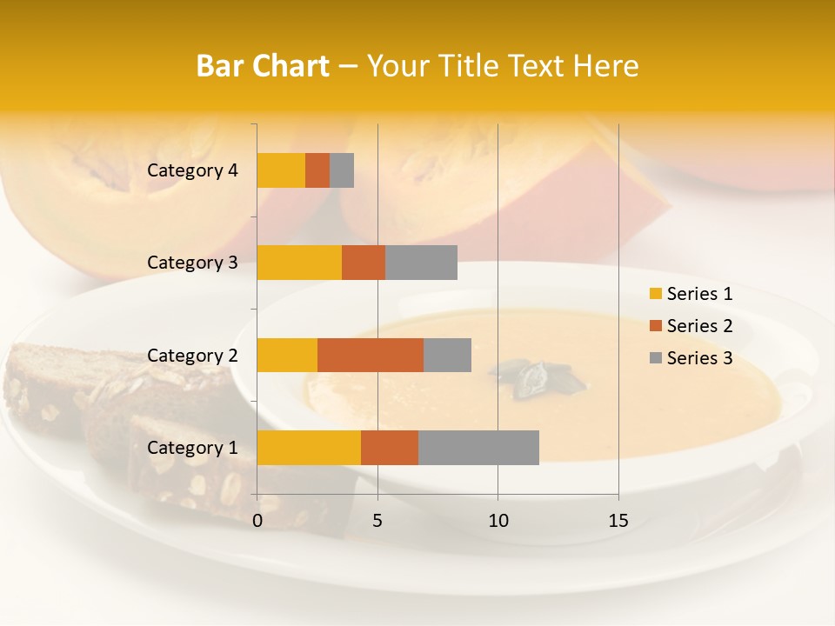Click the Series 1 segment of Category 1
point(309,448)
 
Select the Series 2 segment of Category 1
point(390,448)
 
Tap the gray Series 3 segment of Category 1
point(478,448)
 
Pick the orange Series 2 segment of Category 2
point(371,355)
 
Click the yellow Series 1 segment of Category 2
point(287,355)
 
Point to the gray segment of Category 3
point(421,263)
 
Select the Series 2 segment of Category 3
point(364,263)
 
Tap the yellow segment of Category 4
point(281,170)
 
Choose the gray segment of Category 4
point(342,170)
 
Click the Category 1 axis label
point(192,448)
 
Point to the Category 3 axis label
point(192,263)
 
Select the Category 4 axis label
point(192,170)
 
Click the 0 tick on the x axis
point(257,521)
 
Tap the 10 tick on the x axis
point(498,521)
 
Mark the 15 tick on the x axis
point(618,521)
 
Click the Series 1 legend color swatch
point(655,294)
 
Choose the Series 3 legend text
point(699,358)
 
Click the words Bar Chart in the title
point(263,66)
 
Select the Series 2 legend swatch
point(655,326)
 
